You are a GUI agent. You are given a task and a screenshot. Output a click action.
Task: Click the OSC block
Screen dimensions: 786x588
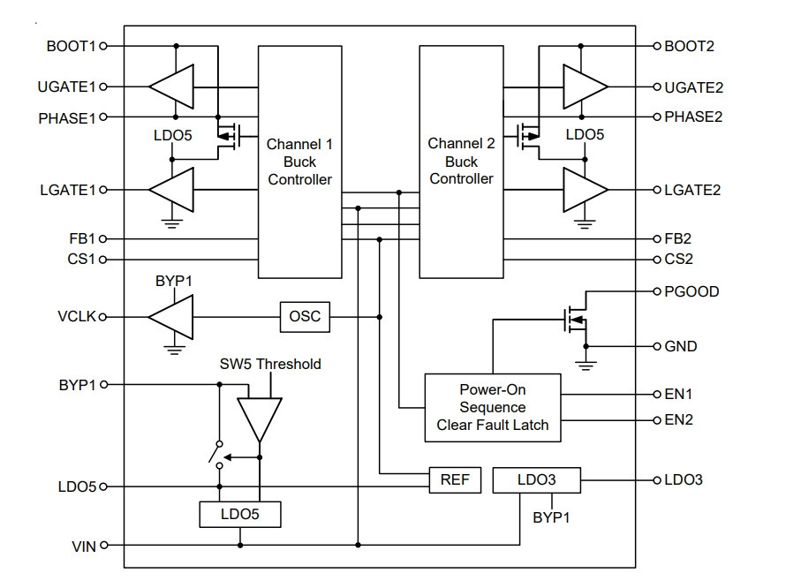[305, 317]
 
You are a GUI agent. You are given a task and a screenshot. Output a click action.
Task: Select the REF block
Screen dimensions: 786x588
[455, 480]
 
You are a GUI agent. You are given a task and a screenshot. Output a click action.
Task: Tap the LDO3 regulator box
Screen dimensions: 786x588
[537, 480]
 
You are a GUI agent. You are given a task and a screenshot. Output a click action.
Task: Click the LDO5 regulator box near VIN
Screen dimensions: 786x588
[240, 515]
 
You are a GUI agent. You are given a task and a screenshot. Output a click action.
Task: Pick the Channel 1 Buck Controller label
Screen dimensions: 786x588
[299, 162]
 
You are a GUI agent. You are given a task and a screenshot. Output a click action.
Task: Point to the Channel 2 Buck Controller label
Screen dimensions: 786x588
[461, 161]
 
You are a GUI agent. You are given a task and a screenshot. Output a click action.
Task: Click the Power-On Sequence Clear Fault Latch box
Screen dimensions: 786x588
[493, 408]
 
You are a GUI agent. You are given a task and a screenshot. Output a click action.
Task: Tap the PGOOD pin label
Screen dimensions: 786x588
[692, 291]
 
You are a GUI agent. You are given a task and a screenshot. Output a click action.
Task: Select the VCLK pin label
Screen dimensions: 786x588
[77, 317]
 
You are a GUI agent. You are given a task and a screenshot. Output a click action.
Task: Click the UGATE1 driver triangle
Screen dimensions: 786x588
[171, 87]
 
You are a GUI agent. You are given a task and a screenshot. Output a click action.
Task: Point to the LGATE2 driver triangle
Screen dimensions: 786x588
[586, 190]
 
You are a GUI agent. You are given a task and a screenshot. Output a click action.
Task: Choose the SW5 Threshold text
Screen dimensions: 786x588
[270, 364]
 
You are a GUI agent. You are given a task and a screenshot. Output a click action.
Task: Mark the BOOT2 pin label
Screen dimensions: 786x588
[689, 47]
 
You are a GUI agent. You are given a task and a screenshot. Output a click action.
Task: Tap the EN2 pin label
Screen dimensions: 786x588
[679, 419]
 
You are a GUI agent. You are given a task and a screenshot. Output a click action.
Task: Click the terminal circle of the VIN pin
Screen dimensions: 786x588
[103, 545]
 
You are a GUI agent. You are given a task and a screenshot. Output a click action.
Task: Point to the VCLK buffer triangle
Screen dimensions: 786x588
[171, 317]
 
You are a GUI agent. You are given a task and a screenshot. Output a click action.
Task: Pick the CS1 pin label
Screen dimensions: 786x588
[81, 260]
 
